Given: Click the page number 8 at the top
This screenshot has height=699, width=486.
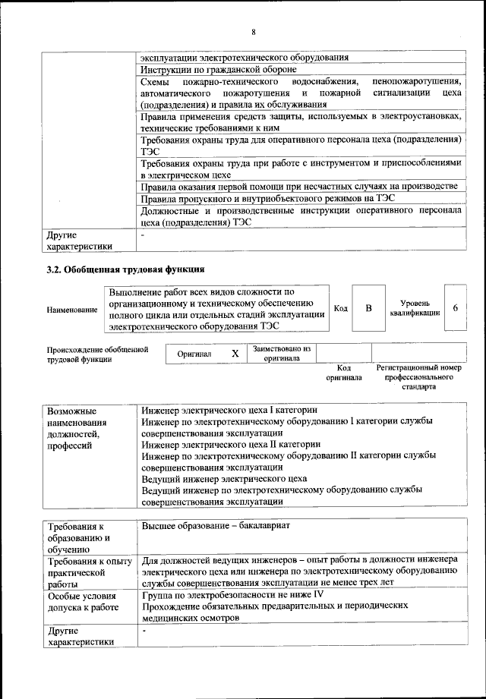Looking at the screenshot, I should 254,32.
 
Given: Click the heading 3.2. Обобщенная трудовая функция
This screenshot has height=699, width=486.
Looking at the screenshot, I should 125,269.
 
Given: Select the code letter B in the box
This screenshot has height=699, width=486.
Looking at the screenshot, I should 369,308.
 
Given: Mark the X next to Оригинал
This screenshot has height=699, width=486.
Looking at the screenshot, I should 235,354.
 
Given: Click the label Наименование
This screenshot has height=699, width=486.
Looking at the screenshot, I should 72,310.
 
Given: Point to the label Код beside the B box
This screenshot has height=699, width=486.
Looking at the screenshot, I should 341,308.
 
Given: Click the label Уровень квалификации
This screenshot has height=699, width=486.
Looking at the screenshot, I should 415,308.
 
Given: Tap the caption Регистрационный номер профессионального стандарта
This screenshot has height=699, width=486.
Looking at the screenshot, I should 418,376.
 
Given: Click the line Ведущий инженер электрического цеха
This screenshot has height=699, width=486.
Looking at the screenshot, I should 224,479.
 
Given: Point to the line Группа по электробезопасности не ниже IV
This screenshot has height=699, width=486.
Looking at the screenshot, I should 228,594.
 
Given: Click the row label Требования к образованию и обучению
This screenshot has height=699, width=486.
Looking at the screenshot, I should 79,537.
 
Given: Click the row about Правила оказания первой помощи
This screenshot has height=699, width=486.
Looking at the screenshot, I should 299,187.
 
